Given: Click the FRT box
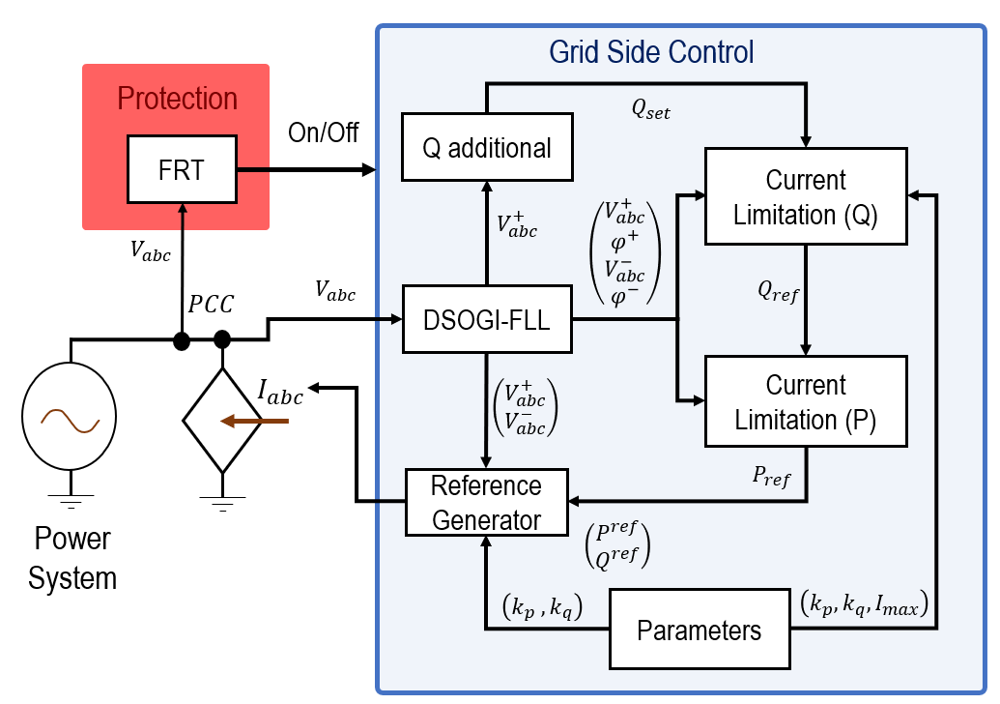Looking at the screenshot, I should tap(181, 170).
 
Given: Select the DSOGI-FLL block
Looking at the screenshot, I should tap(487, 319).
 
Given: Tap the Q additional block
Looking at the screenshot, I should tap(487, 148).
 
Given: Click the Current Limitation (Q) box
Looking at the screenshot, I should tap(806, 196).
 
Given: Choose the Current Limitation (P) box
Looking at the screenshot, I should tap(806, 401).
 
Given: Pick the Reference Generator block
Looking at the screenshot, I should tap(487, 503).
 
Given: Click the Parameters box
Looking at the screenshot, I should tap(699, 631).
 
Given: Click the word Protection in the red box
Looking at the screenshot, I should tap(177, 99).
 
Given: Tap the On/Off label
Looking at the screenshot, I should tap(324, 132).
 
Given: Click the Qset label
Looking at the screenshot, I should tap(651, 111).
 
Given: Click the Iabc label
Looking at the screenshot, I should tap(280, 392).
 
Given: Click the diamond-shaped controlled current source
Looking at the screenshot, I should tap(223, 421).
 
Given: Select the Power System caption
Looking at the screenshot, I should tap(71, 558).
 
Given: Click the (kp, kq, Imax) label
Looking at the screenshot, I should tap(864, 604).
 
